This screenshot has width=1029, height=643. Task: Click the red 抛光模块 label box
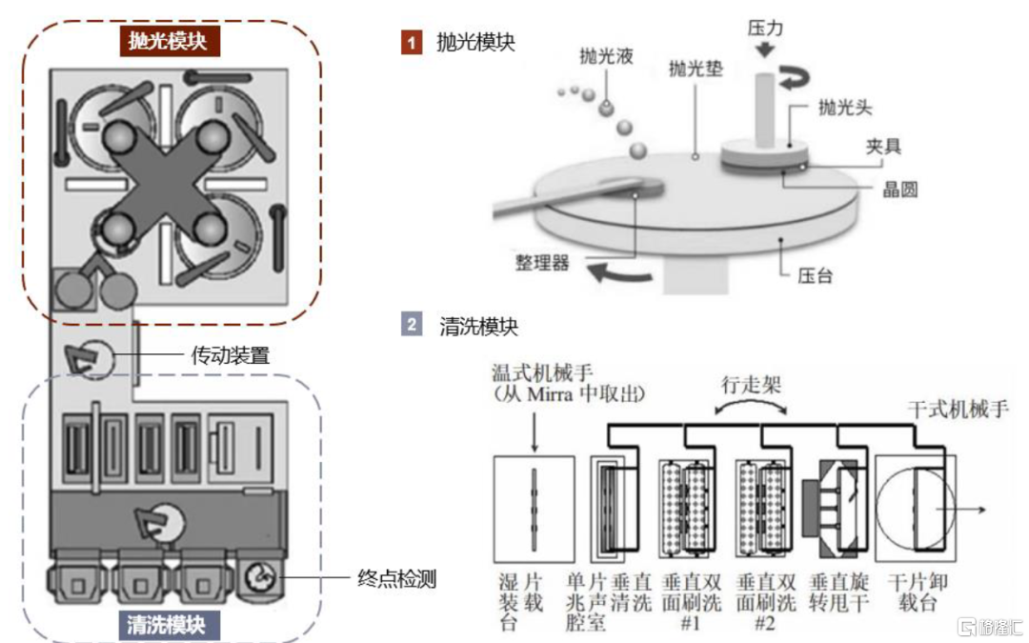click(x=169, y=41)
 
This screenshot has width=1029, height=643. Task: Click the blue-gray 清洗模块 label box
click(x=169, y=624)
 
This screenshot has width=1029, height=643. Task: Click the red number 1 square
click(x=411, y=42)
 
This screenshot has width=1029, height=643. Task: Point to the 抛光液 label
click(x=606, y=56)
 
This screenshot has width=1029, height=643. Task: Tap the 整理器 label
click(x=540, y=262)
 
